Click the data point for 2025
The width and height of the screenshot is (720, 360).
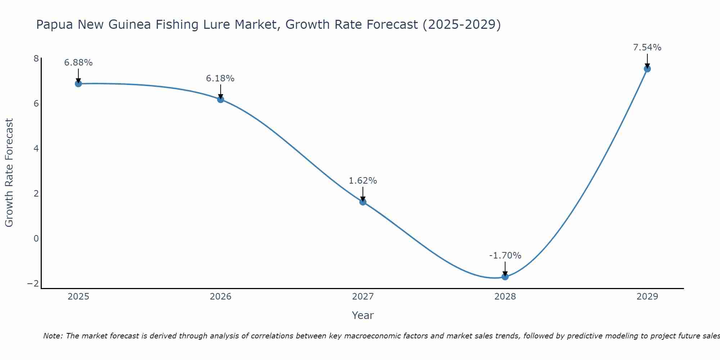tap(78, 84)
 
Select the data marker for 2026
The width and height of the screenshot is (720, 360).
tap(221, 99)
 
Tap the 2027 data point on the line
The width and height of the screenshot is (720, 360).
tap(363, 202)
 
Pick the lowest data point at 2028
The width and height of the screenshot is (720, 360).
tap(505, 277)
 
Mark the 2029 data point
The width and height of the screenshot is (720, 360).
tap(647, 69)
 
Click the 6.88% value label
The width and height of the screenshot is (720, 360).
tap(78, 63)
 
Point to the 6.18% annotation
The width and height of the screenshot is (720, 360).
tap(220, 78)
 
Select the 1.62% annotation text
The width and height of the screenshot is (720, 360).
tap(363, 181)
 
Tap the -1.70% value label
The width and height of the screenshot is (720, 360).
tap(505, 256)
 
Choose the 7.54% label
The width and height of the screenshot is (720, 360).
tap(647, 48)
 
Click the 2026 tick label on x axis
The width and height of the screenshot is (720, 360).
tap(221, 297)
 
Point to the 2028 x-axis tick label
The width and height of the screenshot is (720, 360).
tap(505, 297)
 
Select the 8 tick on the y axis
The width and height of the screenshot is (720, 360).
tap(36, 59)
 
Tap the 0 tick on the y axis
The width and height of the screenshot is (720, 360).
tap(36, 239)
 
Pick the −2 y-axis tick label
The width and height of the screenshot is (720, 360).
tap(33, 284)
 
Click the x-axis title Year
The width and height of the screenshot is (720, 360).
tap(363, 315)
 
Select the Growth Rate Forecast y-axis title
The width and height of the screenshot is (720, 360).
tap(9, 173)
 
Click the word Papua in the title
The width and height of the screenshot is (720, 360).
tap(54, 25)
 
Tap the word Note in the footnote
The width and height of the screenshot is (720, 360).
tap(53, 336)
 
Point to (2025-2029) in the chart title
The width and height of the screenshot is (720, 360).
tap(462, 25)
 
